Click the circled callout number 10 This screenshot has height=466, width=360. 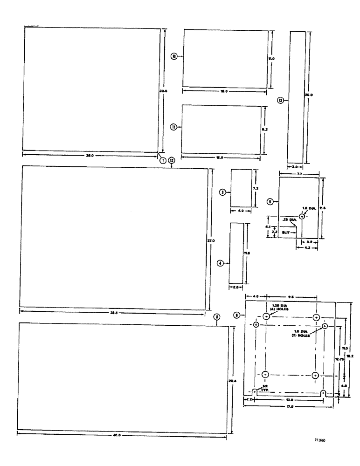coord(174,56)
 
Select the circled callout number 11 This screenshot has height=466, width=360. coord(173,127)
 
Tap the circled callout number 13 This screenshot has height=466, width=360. coord(280,100)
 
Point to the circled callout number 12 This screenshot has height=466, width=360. coord(172,160)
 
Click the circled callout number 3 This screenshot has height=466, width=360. coord(223,192)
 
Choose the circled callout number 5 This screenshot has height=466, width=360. coord(270,201)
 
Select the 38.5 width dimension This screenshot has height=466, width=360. coord(114,313)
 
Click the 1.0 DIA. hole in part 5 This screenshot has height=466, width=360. coord(302,217)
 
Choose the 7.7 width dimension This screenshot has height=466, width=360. coord(298,173)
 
